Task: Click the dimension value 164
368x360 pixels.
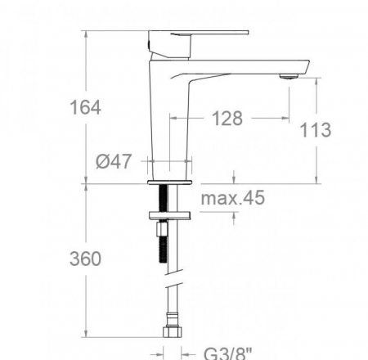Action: pyautogui.click(x=85, y=107)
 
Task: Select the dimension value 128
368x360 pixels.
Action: pyautogui.click(x=227, y=119)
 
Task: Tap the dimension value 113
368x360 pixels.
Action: pyautogui.click(x=316, y=130)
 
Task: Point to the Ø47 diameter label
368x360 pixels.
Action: pyautogui.click(x=114, y=161)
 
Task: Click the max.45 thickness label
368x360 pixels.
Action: pyautogui.click(x=232, y=198)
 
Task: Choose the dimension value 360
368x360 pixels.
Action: pyautogui.click(x=85, y=259)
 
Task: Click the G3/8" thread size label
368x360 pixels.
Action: pyautogui.click(x=227, y=353)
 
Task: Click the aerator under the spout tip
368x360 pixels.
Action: pyautogui.click(x=287, y=75)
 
